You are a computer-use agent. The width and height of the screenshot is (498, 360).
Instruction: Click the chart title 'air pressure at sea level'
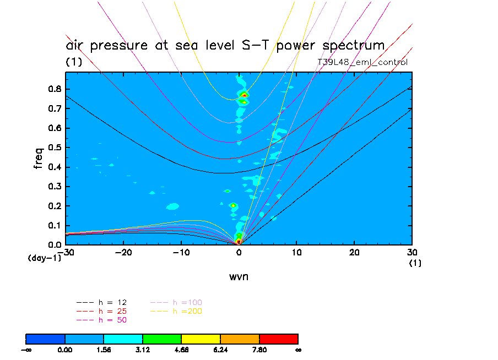[225, 45]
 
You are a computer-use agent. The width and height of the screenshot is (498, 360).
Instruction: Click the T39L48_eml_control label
[362, 62]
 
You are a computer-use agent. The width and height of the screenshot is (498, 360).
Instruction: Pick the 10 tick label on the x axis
[296, 252]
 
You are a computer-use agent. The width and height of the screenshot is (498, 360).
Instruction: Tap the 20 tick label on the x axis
[354, 252]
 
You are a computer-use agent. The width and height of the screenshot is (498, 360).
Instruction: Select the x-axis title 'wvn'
[239, 276]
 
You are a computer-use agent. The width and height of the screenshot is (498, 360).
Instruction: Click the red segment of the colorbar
[279, 339]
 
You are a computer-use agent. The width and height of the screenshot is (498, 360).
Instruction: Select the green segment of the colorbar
[162, 339]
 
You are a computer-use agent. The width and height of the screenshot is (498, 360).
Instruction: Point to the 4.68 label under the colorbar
[182, 350]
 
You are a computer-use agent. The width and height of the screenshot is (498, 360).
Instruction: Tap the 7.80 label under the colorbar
[259, 350]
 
